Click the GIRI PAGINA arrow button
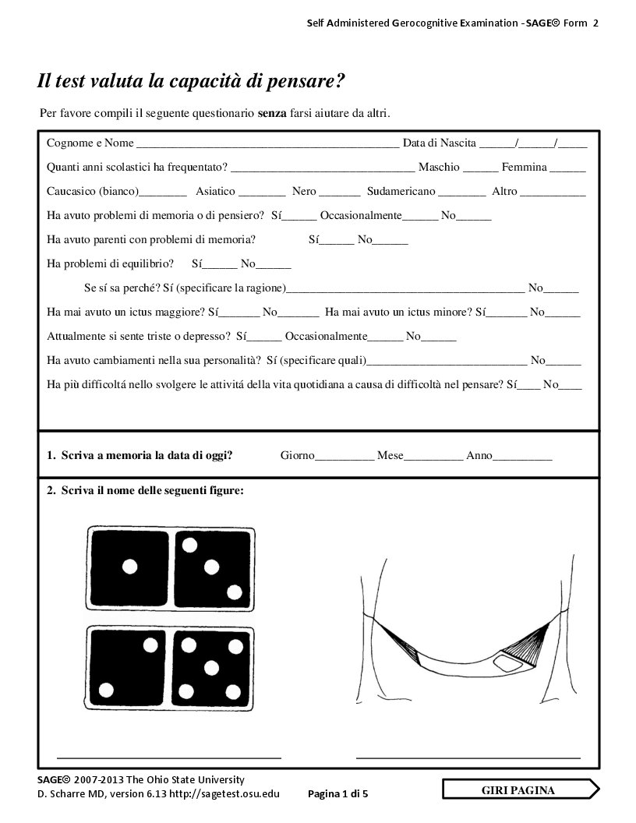click(x=521, y=790)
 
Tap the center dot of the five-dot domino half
click(x=210, y=667)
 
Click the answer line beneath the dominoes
click(x=168, y=756)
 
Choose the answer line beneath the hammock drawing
click(x=468, y=756)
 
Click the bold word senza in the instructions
click(x=272, y=114)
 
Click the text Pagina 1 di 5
click(x=337, y=793)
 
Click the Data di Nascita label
click(x=439, y=143)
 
